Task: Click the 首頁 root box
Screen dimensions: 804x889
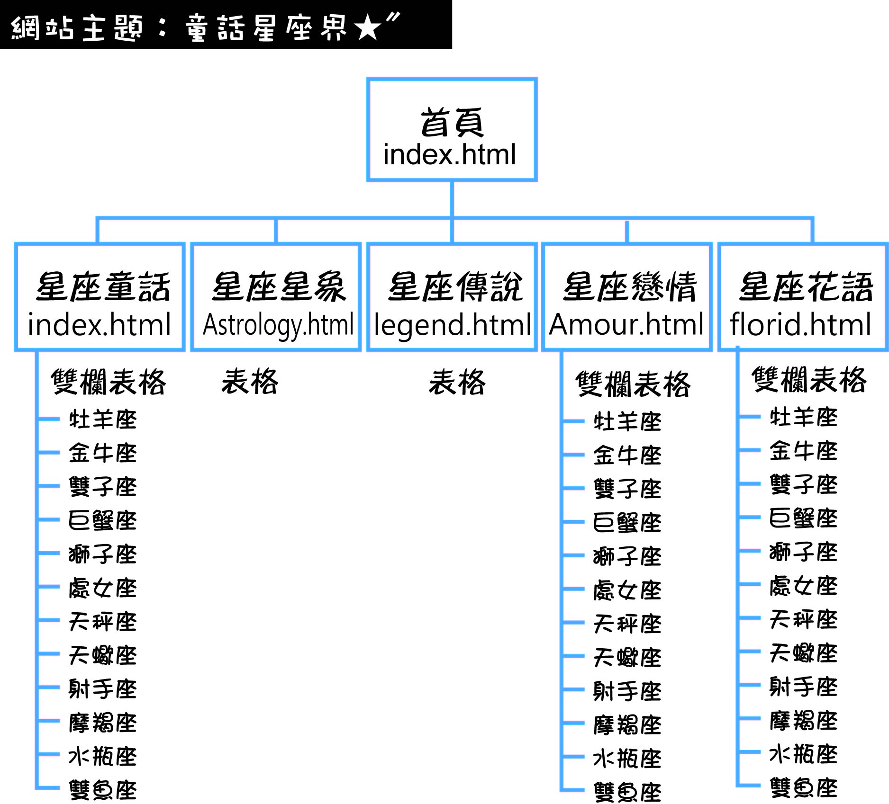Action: point(452,129)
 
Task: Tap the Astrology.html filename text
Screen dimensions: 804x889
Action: point(278,325)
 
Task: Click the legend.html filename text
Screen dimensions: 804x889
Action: point(452,325)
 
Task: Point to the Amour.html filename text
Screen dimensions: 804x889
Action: point(626,325)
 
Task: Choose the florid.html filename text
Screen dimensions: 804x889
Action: point(800,325)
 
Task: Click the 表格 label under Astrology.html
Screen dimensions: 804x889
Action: point(250,382)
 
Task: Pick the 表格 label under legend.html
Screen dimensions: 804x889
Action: point(457,382)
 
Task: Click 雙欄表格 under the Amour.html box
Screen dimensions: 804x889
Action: point(633,384)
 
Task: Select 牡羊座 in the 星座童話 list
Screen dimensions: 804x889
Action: point(102,420)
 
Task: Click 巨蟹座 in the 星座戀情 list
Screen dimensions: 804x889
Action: point(627,523)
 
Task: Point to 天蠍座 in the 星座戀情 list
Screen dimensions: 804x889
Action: point(627,657)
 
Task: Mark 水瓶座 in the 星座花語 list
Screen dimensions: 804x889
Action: point(803,754)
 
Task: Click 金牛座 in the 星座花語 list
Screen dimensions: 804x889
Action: point(803,451)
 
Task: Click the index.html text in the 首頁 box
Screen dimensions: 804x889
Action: point(449,155)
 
